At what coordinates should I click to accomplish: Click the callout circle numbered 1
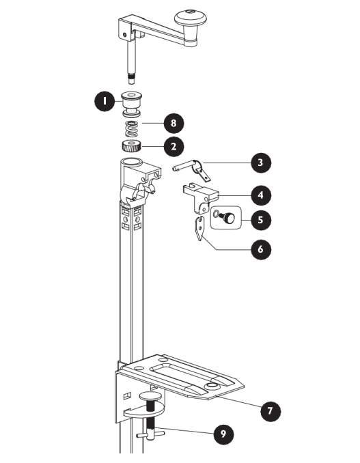[x=105, y=101]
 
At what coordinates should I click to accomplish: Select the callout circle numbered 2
[x=174, y=146]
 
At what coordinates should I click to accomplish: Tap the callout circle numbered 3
[x=260, y=163]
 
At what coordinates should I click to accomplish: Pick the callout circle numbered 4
[x=260, y=195]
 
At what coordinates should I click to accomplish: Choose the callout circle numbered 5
[x=260, y=220]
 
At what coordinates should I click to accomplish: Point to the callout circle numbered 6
[x=260, y=249]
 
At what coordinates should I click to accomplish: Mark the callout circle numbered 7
[x=270, y=410]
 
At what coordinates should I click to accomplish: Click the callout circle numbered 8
[x=174, y=123]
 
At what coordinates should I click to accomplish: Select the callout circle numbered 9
[x=223, y=434]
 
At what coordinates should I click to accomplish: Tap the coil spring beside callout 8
[x=132, y=128]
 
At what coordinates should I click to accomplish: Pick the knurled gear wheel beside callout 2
[x=131, y=146]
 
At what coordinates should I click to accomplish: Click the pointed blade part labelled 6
[x=200, y=229]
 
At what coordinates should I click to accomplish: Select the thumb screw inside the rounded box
[x=227, y=218]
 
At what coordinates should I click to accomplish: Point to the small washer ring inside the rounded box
[x=216, y=213]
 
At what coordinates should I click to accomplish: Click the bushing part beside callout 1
[x=132, y=103]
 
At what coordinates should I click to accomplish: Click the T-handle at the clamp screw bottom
[x=150, y=434]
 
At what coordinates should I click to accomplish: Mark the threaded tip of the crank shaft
[x=131, y=79]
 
